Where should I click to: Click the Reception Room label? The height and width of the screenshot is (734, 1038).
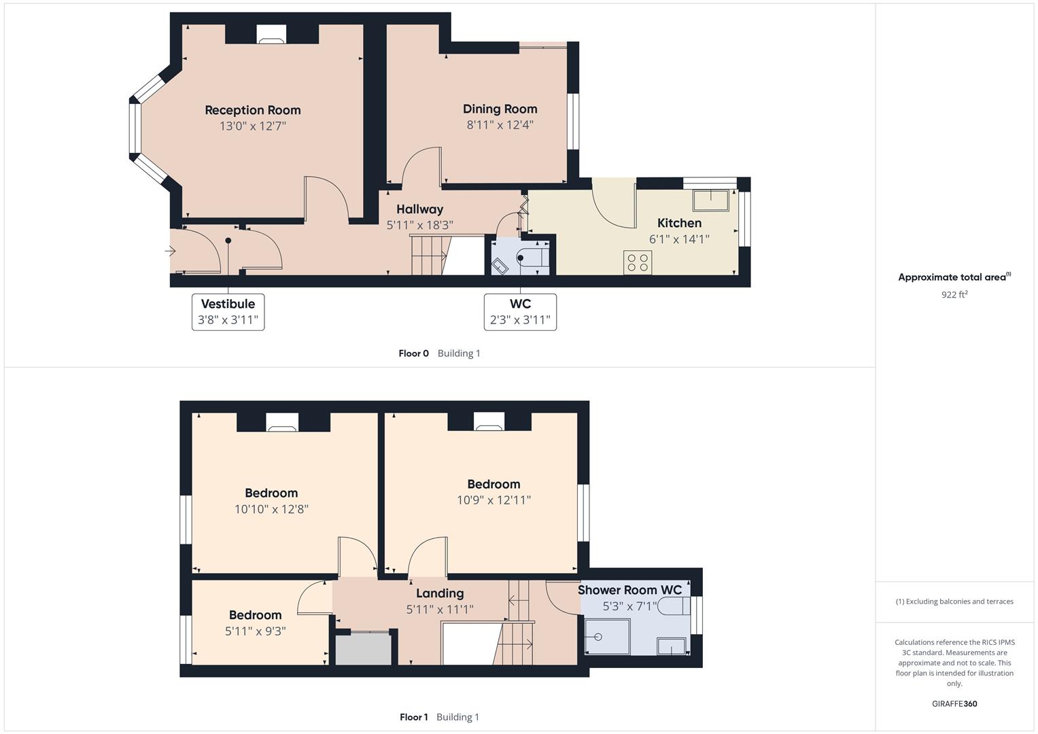point(252,110)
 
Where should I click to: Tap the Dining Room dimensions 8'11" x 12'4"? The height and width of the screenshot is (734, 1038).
point(500,125)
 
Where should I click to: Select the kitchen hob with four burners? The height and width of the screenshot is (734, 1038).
point(638,262)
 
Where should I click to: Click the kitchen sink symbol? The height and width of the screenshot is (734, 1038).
point(710,200)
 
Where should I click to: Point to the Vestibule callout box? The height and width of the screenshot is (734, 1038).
point(228,312)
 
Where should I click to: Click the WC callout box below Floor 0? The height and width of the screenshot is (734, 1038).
point(520,312)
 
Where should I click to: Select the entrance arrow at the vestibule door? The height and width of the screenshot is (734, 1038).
point(170,251)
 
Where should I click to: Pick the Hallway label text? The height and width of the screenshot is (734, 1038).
point(419,209)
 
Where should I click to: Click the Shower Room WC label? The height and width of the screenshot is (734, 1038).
point(629,590)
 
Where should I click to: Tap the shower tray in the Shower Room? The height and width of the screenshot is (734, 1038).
point(605,636)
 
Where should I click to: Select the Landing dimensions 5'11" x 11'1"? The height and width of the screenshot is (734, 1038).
point(440,610)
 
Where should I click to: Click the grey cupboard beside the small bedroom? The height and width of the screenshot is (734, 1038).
point(364,649)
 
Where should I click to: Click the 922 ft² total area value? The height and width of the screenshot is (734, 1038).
point(954,294)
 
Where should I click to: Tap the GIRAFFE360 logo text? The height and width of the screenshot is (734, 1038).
point(954,703)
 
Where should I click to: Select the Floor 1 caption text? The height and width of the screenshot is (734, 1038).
point(413,717)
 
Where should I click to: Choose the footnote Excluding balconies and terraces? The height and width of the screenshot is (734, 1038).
point(954,601)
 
